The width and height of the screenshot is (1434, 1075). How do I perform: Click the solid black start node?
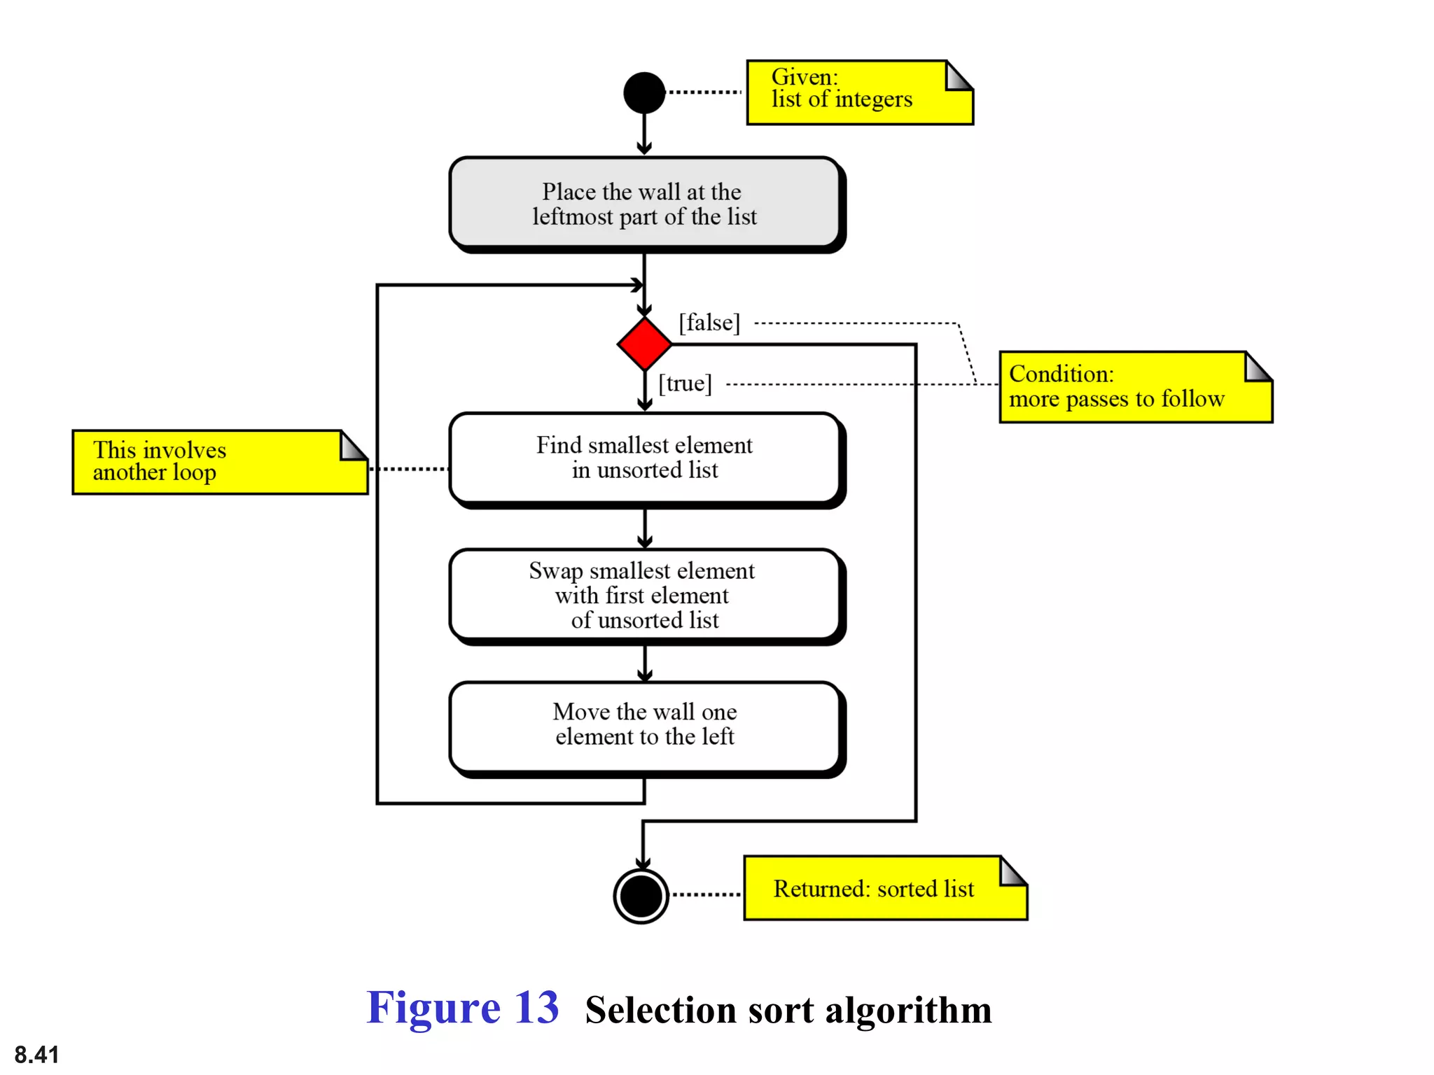tap(643, 92)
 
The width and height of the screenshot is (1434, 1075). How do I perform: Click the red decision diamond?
tap(644, 344)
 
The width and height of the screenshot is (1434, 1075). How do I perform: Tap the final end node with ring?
tap(641, 896)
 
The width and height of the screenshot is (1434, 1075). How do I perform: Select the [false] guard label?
tap(709, 323)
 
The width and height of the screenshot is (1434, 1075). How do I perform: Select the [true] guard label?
tap(685, 384)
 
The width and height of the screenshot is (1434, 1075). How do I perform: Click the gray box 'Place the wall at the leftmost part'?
tap(644, 203)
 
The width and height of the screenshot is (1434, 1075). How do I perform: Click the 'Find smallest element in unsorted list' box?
tap(644, 458)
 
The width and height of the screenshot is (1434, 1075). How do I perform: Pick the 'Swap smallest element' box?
tap(644, 595)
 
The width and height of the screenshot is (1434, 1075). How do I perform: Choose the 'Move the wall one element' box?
tap(644, 725)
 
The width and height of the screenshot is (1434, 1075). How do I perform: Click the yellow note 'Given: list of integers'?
tap(859, 93)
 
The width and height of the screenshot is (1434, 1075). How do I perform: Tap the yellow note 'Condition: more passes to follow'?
tap(1134, 387)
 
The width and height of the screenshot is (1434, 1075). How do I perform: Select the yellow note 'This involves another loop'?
tap(219, 462)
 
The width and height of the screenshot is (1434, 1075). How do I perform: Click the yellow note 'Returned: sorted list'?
tap(884, 888)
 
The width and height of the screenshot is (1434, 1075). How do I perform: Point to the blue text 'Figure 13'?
tap(462, 1008)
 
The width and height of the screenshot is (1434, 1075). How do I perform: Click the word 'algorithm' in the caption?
tap(908, 1010)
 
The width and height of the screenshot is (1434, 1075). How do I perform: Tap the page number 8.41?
tap(36, 1054)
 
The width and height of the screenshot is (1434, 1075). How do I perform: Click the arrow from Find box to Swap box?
tap(645, 528)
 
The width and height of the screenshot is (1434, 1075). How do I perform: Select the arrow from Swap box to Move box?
tap(645, 663)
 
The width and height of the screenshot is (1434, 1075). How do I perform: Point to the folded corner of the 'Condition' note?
tap(1258, 366)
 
